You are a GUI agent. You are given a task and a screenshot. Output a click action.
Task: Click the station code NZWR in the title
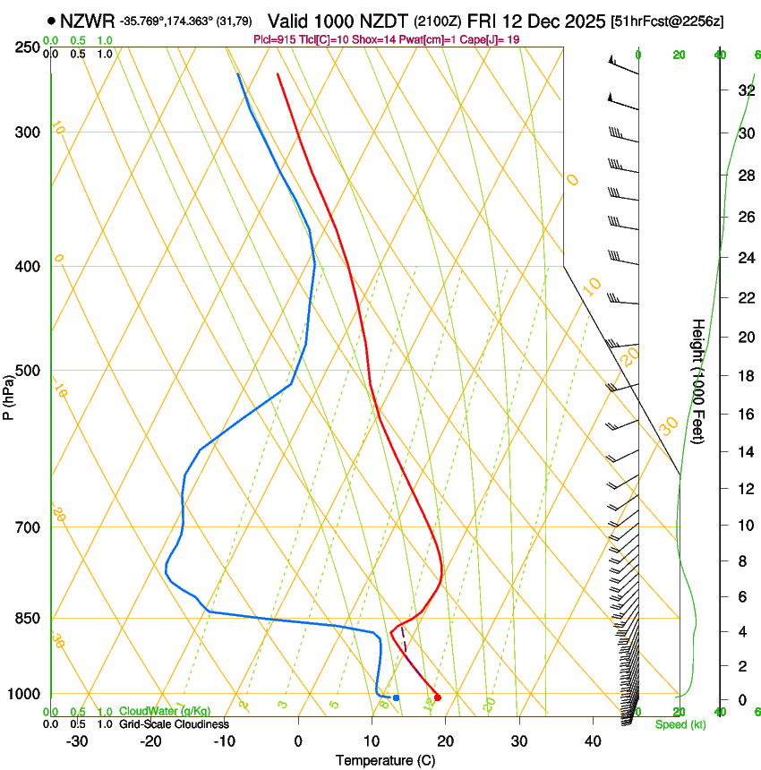pyautogui.click(x=88, y=21)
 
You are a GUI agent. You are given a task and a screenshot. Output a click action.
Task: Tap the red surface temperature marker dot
pyautogui.click(x=437, y=697)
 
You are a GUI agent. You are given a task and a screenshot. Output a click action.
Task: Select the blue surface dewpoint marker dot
pyautogui.click(x=396, y=697)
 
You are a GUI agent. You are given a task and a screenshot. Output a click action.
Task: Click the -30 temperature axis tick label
pyautogui.click(x=77, y=740)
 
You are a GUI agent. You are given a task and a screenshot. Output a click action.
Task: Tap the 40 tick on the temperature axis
pyautogui.click(x=593, y=740)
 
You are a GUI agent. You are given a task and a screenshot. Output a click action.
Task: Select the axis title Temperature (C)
pyautogui.click(x=385, y=760)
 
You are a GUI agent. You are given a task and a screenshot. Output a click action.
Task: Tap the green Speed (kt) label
pyautogui.click(x=680, y=724)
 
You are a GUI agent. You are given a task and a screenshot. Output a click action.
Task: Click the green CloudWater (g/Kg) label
pyautogui.click(x=164, y=712)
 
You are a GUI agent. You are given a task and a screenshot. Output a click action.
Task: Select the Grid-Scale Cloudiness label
pyautogui.click(x=173, y=723)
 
